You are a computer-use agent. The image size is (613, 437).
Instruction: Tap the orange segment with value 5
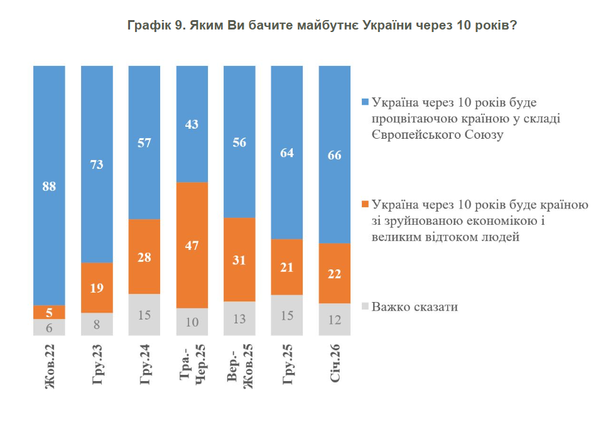49,312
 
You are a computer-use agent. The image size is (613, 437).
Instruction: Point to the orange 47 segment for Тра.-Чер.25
192,245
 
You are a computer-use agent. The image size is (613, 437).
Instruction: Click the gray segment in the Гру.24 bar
144,315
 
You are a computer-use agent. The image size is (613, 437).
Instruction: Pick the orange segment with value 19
97,288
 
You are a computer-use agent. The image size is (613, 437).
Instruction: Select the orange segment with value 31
239,259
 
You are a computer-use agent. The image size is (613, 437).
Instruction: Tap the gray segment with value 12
334,320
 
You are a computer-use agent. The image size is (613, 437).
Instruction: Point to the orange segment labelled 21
287,267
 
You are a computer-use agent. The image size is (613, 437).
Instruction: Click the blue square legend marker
365,102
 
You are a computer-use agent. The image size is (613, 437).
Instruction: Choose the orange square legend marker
365,205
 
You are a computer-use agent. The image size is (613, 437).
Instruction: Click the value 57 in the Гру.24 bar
144,143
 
